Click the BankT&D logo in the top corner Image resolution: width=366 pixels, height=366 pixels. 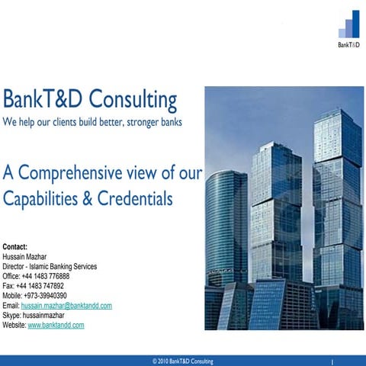click(x=348, y=29)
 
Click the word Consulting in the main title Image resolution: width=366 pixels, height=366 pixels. click(x=133, y=100)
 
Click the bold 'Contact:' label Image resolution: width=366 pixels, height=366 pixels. click(x=15, y=247)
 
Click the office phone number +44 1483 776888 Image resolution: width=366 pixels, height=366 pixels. click(x=47, y=276)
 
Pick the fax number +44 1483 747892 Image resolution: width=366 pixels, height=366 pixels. click(x=42, y=286)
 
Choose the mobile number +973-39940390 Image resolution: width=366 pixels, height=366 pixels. click(x=46, y=296)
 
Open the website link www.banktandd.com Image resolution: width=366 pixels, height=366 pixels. click(x=56, y=325)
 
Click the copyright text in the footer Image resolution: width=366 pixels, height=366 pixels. click(x=183, y=361)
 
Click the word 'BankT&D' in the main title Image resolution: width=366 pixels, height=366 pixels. click(x=43, y=100)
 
